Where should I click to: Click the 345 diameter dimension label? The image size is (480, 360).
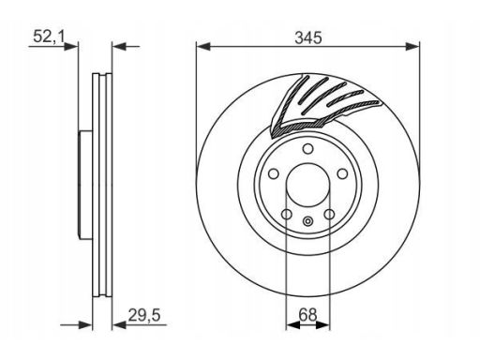(x=308, y=37)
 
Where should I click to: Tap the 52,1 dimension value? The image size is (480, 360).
(x=49, y=37)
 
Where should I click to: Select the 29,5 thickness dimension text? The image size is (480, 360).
(x=144, y=315)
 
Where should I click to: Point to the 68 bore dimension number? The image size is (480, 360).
(x=307, y=315)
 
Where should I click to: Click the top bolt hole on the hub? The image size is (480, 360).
(x=308, y=149)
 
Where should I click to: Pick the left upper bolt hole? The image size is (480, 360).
(x=274, y=173)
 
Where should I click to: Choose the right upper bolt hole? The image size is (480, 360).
(x=343, y=173)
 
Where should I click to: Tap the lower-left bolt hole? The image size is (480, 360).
(x=287, y=215)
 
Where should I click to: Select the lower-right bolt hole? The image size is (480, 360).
(x=329, y=215)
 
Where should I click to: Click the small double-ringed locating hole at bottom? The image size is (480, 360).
(x=307, y=221)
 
